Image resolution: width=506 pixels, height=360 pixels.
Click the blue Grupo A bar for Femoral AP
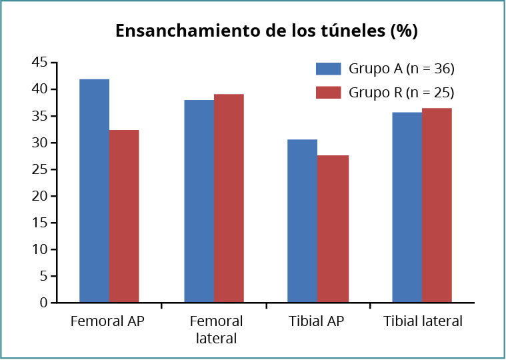coord(94,191)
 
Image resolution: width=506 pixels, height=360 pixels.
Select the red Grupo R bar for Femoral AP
coord(124,216)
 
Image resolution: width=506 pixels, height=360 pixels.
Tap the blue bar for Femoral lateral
coord(199,201)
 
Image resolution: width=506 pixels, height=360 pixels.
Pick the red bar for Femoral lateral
coord(229,199)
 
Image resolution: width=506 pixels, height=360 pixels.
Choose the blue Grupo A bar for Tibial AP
coord(303,221)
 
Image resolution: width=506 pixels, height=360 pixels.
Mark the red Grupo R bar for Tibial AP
coord(333,229)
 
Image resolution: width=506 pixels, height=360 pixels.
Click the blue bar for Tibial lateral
coord(407,207)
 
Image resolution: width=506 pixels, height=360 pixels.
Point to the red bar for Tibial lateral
coord(437,205)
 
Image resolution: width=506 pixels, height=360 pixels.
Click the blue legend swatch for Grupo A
coord(328,68)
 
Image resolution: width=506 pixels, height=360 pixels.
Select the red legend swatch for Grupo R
coord(328,92)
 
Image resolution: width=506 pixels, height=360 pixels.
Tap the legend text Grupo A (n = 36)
coord(401,68)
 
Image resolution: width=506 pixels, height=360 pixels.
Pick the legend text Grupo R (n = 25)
coord(401,92)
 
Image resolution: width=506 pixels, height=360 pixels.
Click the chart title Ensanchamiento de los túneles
coord(266,31)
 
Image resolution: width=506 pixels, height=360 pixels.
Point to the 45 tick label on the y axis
coord(39,63)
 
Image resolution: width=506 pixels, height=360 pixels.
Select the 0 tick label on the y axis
coord(43,303)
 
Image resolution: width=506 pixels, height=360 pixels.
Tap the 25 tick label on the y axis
coord(39,169)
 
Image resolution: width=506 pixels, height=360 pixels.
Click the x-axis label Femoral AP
coord(107,321)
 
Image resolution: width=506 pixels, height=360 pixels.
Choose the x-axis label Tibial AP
coord(317,321)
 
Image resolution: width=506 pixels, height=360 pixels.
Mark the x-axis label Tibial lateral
coord(423,321)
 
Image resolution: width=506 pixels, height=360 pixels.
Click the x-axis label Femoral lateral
coord(217,329)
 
